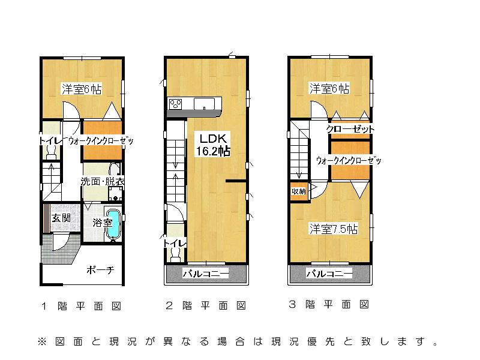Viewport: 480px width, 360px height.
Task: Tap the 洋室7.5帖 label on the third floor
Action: point(334,229)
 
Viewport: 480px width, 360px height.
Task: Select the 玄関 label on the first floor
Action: point(61,218)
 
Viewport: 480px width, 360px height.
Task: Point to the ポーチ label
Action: point(100,269)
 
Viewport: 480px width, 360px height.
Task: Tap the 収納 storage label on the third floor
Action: point(298,191)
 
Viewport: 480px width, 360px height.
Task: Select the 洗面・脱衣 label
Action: point(103,181)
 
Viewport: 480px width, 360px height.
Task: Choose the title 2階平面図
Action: point(205,306)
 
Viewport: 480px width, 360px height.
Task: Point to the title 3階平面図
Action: point(329,305)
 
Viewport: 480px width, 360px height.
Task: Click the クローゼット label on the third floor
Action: point(350,129)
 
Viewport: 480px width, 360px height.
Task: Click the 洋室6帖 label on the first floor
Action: point(81,89)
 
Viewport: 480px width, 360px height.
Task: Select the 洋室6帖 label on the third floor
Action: point(329,89)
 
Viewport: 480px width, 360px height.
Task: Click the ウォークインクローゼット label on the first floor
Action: point(100,140)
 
